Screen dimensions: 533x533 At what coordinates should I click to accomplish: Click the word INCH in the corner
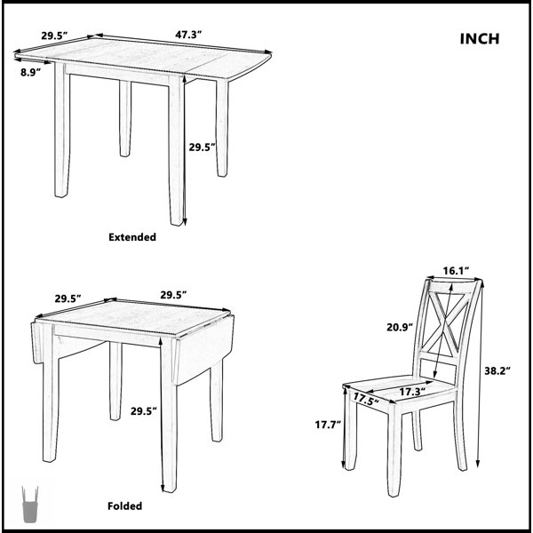(x=480, y=39)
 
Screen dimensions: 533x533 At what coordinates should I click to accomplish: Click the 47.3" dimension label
(x=188, y=35)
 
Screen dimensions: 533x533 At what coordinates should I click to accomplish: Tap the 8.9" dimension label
(x=30, y=72)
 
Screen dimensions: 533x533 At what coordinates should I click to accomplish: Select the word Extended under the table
(x=132, y=237)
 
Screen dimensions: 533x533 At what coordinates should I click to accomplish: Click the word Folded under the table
(x=124, y=505)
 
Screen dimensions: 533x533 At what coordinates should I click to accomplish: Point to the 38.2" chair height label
(x=497, y=370)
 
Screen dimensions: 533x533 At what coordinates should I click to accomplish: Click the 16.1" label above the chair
(x=456, y=271)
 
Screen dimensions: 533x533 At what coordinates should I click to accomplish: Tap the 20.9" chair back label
(x=400, y=327)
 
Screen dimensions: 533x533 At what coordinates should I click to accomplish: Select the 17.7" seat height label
(x=328, y=425)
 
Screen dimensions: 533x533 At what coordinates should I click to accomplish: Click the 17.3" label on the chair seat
(x=412, y=392)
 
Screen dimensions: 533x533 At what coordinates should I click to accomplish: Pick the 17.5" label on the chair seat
(x=366, y=399)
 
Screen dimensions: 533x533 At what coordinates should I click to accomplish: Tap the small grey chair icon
(x=29, y=505)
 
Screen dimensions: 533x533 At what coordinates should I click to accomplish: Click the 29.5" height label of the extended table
(x=203, y=147)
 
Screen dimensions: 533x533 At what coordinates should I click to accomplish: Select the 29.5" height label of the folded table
(x=144, y=411)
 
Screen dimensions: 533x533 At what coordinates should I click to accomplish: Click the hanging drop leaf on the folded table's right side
(x=204, y=351)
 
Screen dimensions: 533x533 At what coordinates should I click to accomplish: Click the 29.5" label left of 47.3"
(x=55, y=36)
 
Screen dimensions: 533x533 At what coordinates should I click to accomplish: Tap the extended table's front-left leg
(x=62, y=130)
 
